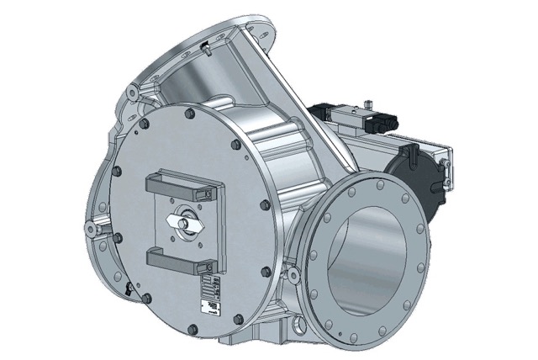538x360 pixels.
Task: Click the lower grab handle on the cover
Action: (x=182, y=260)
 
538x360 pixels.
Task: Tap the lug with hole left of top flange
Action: (x=134, y=89)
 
